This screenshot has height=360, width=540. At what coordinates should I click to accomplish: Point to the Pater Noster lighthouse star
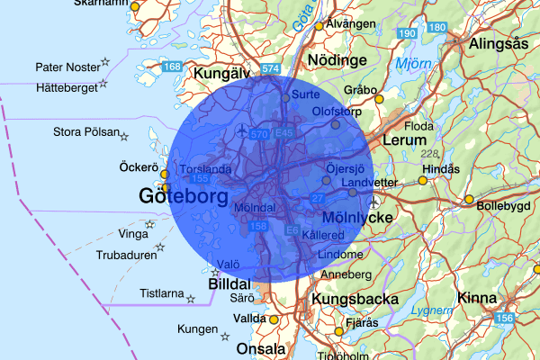[105, 62]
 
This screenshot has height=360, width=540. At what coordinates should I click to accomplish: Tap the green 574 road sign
[270, 68]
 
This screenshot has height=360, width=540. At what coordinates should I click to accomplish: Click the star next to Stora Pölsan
[124, 137]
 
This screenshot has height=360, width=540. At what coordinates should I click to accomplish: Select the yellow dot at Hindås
[423, 180]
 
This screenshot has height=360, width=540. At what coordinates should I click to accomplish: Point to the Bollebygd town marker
[468, 200]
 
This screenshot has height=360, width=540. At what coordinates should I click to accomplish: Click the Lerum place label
[403, 141]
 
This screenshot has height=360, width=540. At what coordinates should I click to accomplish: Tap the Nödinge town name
[337, 60]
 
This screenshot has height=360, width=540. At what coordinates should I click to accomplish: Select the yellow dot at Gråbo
[379, 99]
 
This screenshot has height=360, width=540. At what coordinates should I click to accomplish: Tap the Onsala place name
[259, 348]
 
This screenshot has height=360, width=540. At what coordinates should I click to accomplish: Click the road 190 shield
[408, 33]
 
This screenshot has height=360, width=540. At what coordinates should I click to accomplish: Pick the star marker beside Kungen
[224, 336]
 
